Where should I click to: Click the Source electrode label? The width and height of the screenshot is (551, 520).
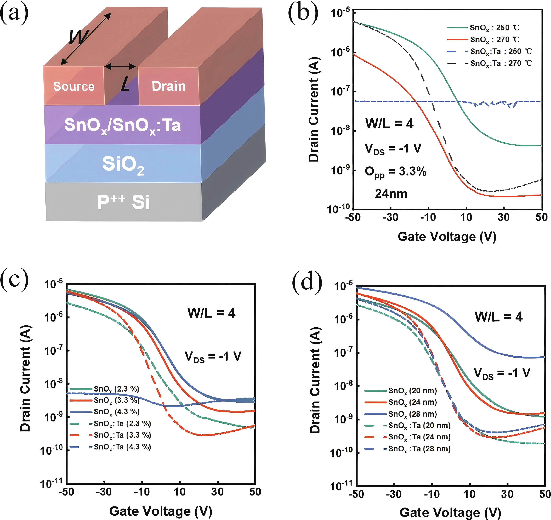74,86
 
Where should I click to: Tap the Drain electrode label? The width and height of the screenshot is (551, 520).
168,86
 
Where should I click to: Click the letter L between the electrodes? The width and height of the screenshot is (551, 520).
125,84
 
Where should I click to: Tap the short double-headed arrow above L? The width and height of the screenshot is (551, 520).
120,66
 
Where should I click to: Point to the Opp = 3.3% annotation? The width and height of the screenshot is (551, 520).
395,172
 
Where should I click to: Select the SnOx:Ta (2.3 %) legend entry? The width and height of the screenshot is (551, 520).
122,424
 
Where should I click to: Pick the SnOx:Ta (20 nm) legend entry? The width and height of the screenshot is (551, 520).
419,426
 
